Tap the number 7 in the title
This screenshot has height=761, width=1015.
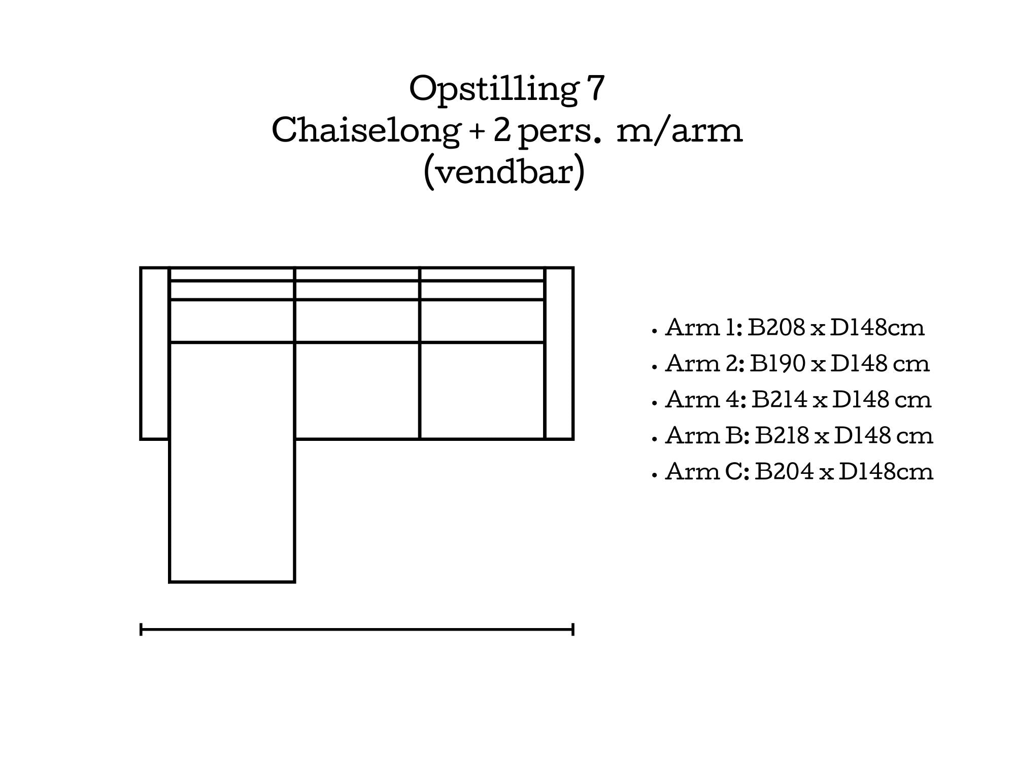pos(596,88)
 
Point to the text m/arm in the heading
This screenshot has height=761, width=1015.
pos(680,130)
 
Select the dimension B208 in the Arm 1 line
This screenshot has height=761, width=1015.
pos(776,327)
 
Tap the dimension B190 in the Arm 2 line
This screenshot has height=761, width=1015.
pos(778,363)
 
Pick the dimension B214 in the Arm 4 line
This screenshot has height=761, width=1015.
pos(780,399)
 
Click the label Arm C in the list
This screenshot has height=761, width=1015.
pos(706,471)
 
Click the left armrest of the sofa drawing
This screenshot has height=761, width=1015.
pos(155,353)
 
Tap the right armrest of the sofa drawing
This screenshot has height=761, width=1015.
pos(559,353)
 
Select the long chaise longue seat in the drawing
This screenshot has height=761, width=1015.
pos(232,462)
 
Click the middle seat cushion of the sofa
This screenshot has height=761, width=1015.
pos(357,391)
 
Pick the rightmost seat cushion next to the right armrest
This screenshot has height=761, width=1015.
pos(483,391)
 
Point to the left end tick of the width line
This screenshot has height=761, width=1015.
pos(141,630)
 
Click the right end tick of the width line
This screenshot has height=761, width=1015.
pos(573,630)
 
